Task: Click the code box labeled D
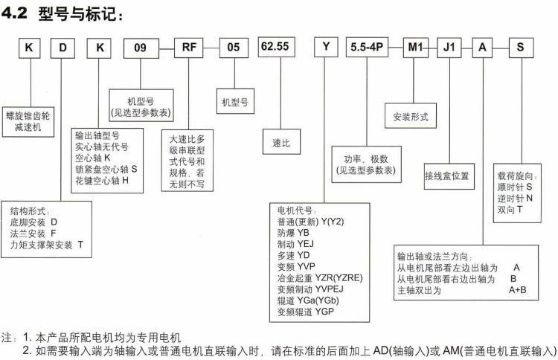pos(64,48)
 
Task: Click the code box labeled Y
pos(324,48)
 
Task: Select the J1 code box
pos(449,48)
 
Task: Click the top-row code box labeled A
pos(484,48)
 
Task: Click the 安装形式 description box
pos(411,116)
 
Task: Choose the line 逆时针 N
pos(515,199)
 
